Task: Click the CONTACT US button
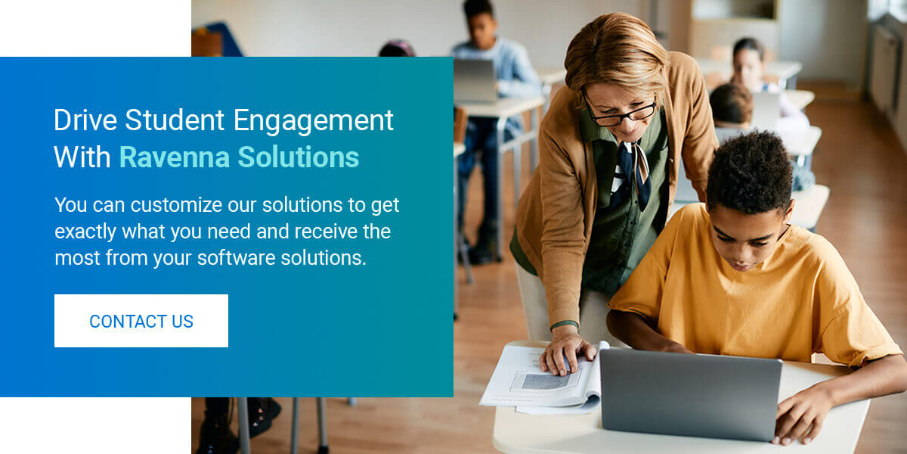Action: [x=141, y=321]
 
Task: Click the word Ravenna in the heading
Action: [x=175, y=157]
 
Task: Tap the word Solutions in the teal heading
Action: [x=299, y=157]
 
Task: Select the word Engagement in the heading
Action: [x=314, y=122]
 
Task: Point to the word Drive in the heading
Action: [x=85, y=120]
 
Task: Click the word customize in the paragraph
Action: [x=176, y=205]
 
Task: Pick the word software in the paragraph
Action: [x=237, y=258]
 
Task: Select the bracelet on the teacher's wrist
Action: [x=565, y=325]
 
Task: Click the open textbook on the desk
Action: [x=540, y=379]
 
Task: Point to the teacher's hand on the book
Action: [x=566, y=352]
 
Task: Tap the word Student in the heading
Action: [x=175, y=120]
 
